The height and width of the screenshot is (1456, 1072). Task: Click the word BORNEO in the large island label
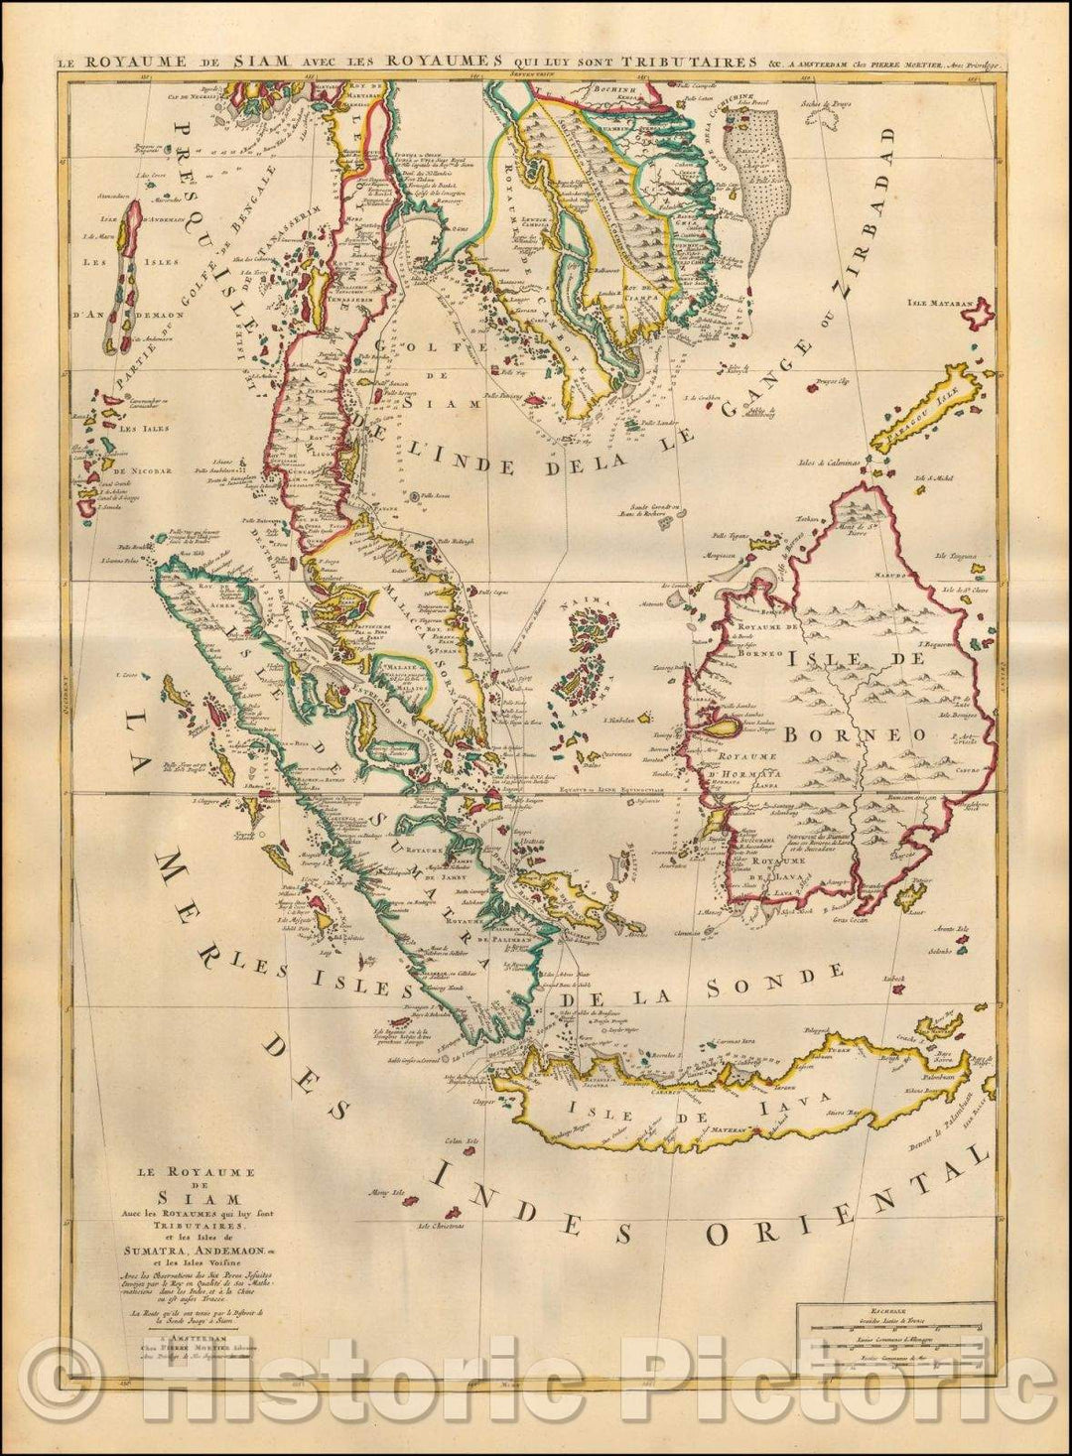coord(855,735)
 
